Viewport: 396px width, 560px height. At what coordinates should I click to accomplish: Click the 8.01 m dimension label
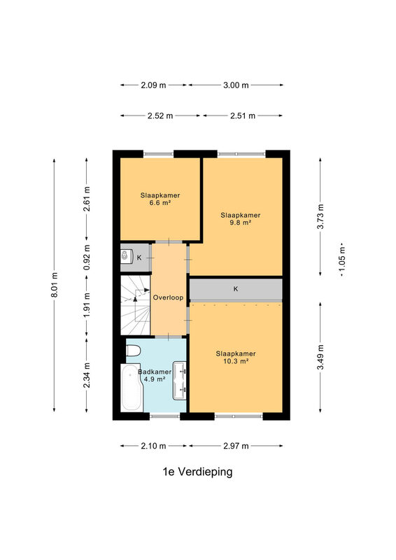click(55, 285)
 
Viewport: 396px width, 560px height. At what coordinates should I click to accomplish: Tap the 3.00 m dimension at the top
click(236, 85)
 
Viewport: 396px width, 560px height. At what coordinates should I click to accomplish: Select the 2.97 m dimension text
click(236, 446)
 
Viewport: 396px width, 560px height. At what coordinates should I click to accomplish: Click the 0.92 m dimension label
click(87, 258)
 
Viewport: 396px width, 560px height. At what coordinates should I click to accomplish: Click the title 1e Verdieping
click(197, 472)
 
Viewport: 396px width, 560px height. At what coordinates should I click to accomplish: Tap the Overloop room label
click(168, 297)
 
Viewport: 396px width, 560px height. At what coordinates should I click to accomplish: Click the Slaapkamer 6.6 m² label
click(160, 199)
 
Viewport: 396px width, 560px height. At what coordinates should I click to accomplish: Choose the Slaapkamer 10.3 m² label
click(236, 357)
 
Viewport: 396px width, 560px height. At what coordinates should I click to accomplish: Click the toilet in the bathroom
click(133, 351)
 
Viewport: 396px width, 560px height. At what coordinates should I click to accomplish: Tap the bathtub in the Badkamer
click(131, 388)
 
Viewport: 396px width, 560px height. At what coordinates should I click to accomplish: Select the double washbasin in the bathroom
click(180, 381)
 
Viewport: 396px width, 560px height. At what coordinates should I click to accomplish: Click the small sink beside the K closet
click(126, 256)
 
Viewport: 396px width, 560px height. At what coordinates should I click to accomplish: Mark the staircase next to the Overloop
click(135, 305)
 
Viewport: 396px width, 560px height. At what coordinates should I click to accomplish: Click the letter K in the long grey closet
click(236, 289)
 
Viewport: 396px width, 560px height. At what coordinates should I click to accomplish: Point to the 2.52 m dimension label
click(160, 115)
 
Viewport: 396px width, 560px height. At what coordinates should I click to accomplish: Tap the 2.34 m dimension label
click(87, 375)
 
